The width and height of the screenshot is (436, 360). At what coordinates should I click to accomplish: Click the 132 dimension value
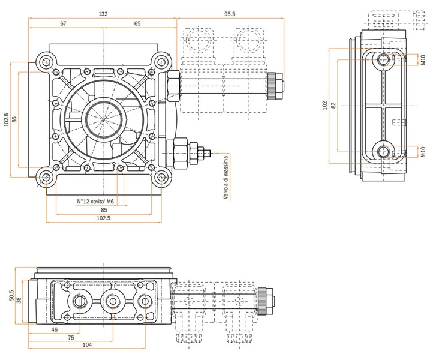click(x=103, y=14)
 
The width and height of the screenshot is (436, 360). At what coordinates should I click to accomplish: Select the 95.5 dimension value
click(x=230, y=14)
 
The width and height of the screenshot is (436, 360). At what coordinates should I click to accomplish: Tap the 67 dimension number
click(x=64, y=23)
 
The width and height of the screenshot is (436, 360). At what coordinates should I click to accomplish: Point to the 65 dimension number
click(x=137, y=23)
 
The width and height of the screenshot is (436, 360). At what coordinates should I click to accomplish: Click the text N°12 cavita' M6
click(x=95, y=202)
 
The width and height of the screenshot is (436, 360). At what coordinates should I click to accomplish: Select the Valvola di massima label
click(x=225, y=178)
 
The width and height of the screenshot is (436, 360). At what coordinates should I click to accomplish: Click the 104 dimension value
click(x=87, y=344)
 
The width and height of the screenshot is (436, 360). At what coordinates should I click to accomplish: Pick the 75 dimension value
click(x=71, y=337)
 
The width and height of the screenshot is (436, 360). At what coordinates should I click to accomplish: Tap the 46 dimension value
click(x=55, y=329)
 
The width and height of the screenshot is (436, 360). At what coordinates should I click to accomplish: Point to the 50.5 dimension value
click(x=11, y=295)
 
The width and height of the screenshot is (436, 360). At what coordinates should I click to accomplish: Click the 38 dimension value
click(x=19, y=301)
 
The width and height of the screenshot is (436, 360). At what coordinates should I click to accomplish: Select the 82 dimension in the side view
click(x=333, y=105)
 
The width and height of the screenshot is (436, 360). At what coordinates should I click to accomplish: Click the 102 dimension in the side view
click(x=325, y=106)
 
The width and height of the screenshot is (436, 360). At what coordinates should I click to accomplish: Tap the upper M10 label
click(x=423, y=59)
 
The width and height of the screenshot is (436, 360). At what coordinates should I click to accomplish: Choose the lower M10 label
click(x=423, y=152)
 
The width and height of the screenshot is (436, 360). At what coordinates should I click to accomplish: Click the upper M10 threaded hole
click(x=384, y=59)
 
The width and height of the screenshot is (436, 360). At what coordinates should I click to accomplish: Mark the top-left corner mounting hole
click(x=46, y=62)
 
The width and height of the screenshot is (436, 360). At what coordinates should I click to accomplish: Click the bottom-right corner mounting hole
click(x=161, y=177)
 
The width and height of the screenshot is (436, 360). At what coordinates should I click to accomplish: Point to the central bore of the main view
click(x=104, y=119)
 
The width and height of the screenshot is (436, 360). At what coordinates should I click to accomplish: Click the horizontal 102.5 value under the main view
click(x=103, y=218)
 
